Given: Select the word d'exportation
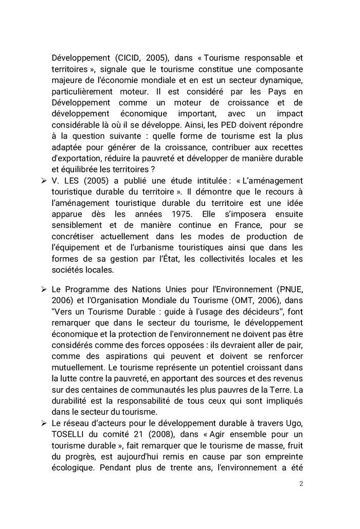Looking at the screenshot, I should (x=77, y=158).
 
